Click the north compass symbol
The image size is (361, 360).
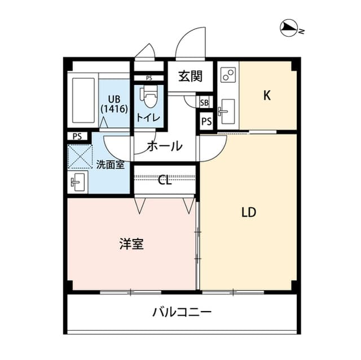[288, 28]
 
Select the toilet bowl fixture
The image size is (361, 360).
[149, 97]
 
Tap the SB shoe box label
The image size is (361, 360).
[205, 102]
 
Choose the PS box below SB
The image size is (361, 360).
[206, 122]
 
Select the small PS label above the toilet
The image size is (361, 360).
[149, 78]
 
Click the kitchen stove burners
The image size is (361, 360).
[228, 75]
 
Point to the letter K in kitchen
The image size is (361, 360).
[267, 95]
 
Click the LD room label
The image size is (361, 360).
[249, 212]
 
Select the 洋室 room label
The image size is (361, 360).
[131, 244]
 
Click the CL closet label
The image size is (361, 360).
[165, 180]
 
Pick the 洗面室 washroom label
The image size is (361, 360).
[110, 165]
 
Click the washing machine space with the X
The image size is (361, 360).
[80, 156]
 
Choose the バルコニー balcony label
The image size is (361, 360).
[182, 312]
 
